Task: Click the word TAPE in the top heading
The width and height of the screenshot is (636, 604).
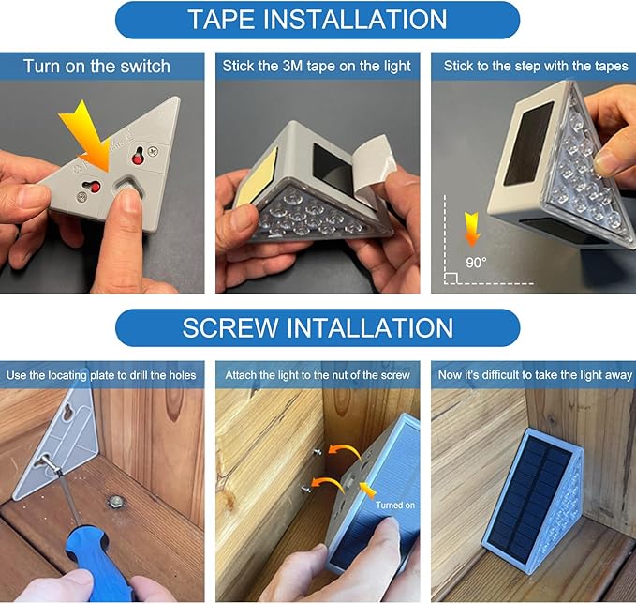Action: tap(222, 20)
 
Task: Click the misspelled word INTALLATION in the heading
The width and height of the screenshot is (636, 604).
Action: tap(370, 328)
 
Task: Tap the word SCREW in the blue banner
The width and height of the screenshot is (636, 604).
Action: tap(230, 328)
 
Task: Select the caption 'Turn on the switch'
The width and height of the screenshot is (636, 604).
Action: tap(96, 67)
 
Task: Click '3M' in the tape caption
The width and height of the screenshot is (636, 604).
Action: tap(292, 66)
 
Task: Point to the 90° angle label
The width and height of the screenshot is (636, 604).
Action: tap(476, 263)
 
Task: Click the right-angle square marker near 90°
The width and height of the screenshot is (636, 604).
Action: tap(451, 279)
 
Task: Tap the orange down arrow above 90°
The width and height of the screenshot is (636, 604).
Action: tap(472, 230)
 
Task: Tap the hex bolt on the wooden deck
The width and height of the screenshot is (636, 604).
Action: tap(116, 502)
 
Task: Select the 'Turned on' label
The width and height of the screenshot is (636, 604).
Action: tap(395, 505)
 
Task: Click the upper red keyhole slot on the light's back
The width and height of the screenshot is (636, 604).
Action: tap(138, 156)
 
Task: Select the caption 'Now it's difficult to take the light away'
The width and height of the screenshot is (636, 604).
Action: tap(535, 375)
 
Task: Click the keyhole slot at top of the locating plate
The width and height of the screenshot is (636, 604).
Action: tap(69, 411)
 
